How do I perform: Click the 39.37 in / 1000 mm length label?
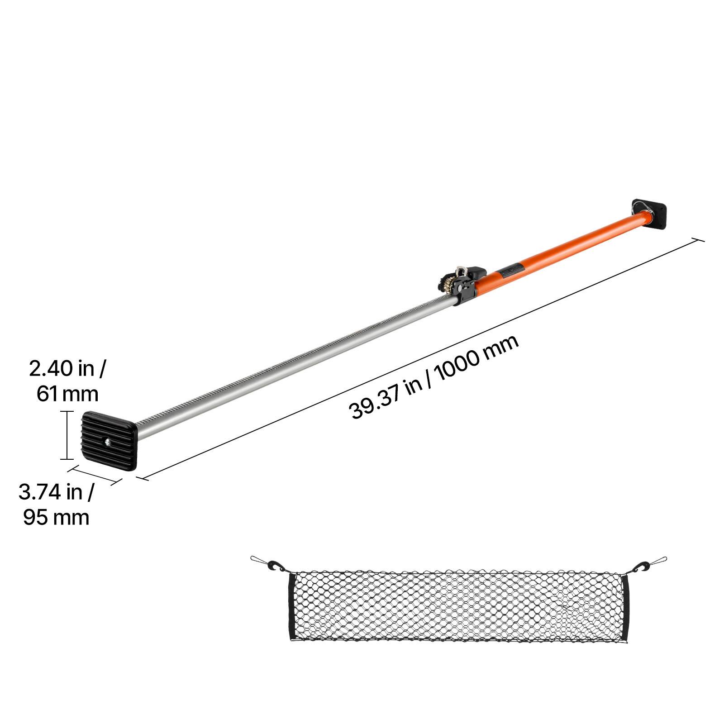(x=433, y=377)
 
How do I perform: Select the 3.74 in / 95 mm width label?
(x=56, y=504)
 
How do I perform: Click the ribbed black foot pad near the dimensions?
(x=109, y=441)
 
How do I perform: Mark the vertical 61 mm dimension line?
(x=67, y=435)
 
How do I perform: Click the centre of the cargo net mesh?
(x=458, y=605)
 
